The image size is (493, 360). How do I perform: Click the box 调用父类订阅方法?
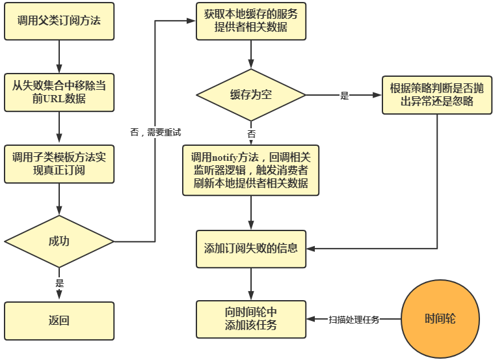(59, 21)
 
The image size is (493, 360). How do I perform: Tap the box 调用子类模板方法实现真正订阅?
(59, 164)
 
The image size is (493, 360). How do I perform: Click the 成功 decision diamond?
(59, 242)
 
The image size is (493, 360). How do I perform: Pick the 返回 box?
(59, 320)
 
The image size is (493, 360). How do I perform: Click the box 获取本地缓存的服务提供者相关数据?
(251, 21)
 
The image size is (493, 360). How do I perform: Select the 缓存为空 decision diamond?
(251, 95)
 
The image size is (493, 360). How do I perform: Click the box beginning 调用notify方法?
(251, 170)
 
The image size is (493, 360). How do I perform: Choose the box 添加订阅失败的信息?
(251, 248)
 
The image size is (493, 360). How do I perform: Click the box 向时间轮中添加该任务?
(251, 319)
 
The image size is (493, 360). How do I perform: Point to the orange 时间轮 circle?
(440, 319)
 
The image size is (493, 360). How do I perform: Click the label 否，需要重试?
(155, 132)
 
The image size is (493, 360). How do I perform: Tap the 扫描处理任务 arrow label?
(354, 320)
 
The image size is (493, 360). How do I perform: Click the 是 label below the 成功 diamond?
(60, 283)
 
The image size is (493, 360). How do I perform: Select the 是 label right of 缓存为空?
(345, 96)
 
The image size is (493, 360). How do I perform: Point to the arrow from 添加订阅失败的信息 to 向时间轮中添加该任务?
(251, 283)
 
